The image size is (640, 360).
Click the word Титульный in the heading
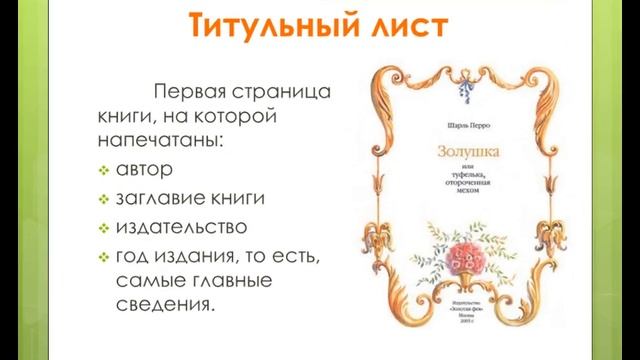tap(256, 27)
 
